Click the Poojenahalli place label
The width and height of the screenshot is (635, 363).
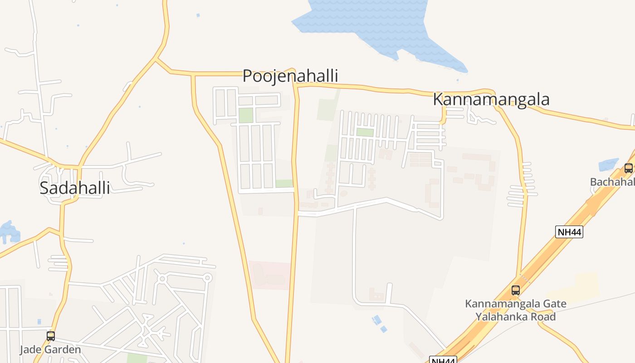pos(290,75)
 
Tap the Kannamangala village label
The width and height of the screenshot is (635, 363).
pos(491,99)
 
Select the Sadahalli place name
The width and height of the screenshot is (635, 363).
pos(75,187)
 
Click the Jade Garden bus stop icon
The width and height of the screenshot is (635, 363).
pos(51,336)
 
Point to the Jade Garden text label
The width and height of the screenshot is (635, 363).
pos(50,349)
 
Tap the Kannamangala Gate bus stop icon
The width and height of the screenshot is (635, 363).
pos(516,290)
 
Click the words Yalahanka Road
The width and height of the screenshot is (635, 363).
pos(515,317)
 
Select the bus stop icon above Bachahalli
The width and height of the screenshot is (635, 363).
pos(628,168)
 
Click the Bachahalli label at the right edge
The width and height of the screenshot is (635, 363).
pos(612,182)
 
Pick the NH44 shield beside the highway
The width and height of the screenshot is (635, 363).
pos(569,232)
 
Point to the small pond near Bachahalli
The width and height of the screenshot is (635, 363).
pos(608,165)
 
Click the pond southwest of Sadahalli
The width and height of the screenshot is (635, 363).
pos(9,232)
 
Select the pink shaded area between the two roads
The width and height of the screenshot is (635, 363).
pos(270,275)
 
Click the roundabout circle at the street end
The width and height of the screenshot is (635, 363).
pos(208,277)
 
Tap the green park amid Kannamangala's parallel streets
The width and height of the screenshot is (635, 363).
pos(365,132)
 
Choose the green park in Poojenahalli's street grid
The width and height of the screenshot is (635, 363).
pos(245,115)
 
